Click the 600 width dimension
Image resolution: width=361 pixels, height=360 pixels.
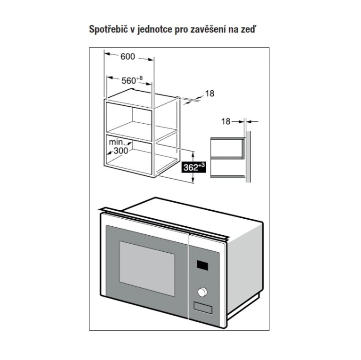(128, 57)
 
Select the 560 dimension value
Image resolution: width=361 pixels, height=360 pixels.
(129, 81)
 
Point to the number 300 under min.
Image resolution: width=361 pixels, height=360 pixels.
(121, 151)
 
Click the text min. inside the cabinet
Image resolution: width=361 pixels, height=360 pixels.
(117, 142)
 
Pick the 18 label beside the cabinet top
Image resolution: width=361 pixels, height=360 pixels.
(210, 94)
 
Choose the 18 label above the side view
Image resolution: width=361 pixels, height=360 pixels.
(226, 121)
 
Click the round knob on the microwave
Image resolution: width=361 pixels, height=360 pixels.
(202, 292)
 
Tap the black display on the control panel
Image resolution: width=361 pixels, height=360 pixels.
(202, 265)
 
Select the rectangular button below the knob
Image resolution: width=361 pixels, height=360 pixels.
(203, 308)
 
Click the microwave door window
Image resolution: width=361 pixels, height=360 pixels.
(147, 269)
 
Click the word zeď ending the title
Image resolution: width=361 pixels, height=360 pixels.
(249, 29)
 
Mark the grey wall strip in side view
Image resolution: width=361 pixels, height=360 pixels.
(248, 157)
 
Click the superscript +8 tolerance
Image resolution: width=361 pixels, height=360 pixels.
(140, 78)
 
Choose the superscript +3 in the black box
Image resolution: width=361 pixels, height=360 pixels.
(201, 165)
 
